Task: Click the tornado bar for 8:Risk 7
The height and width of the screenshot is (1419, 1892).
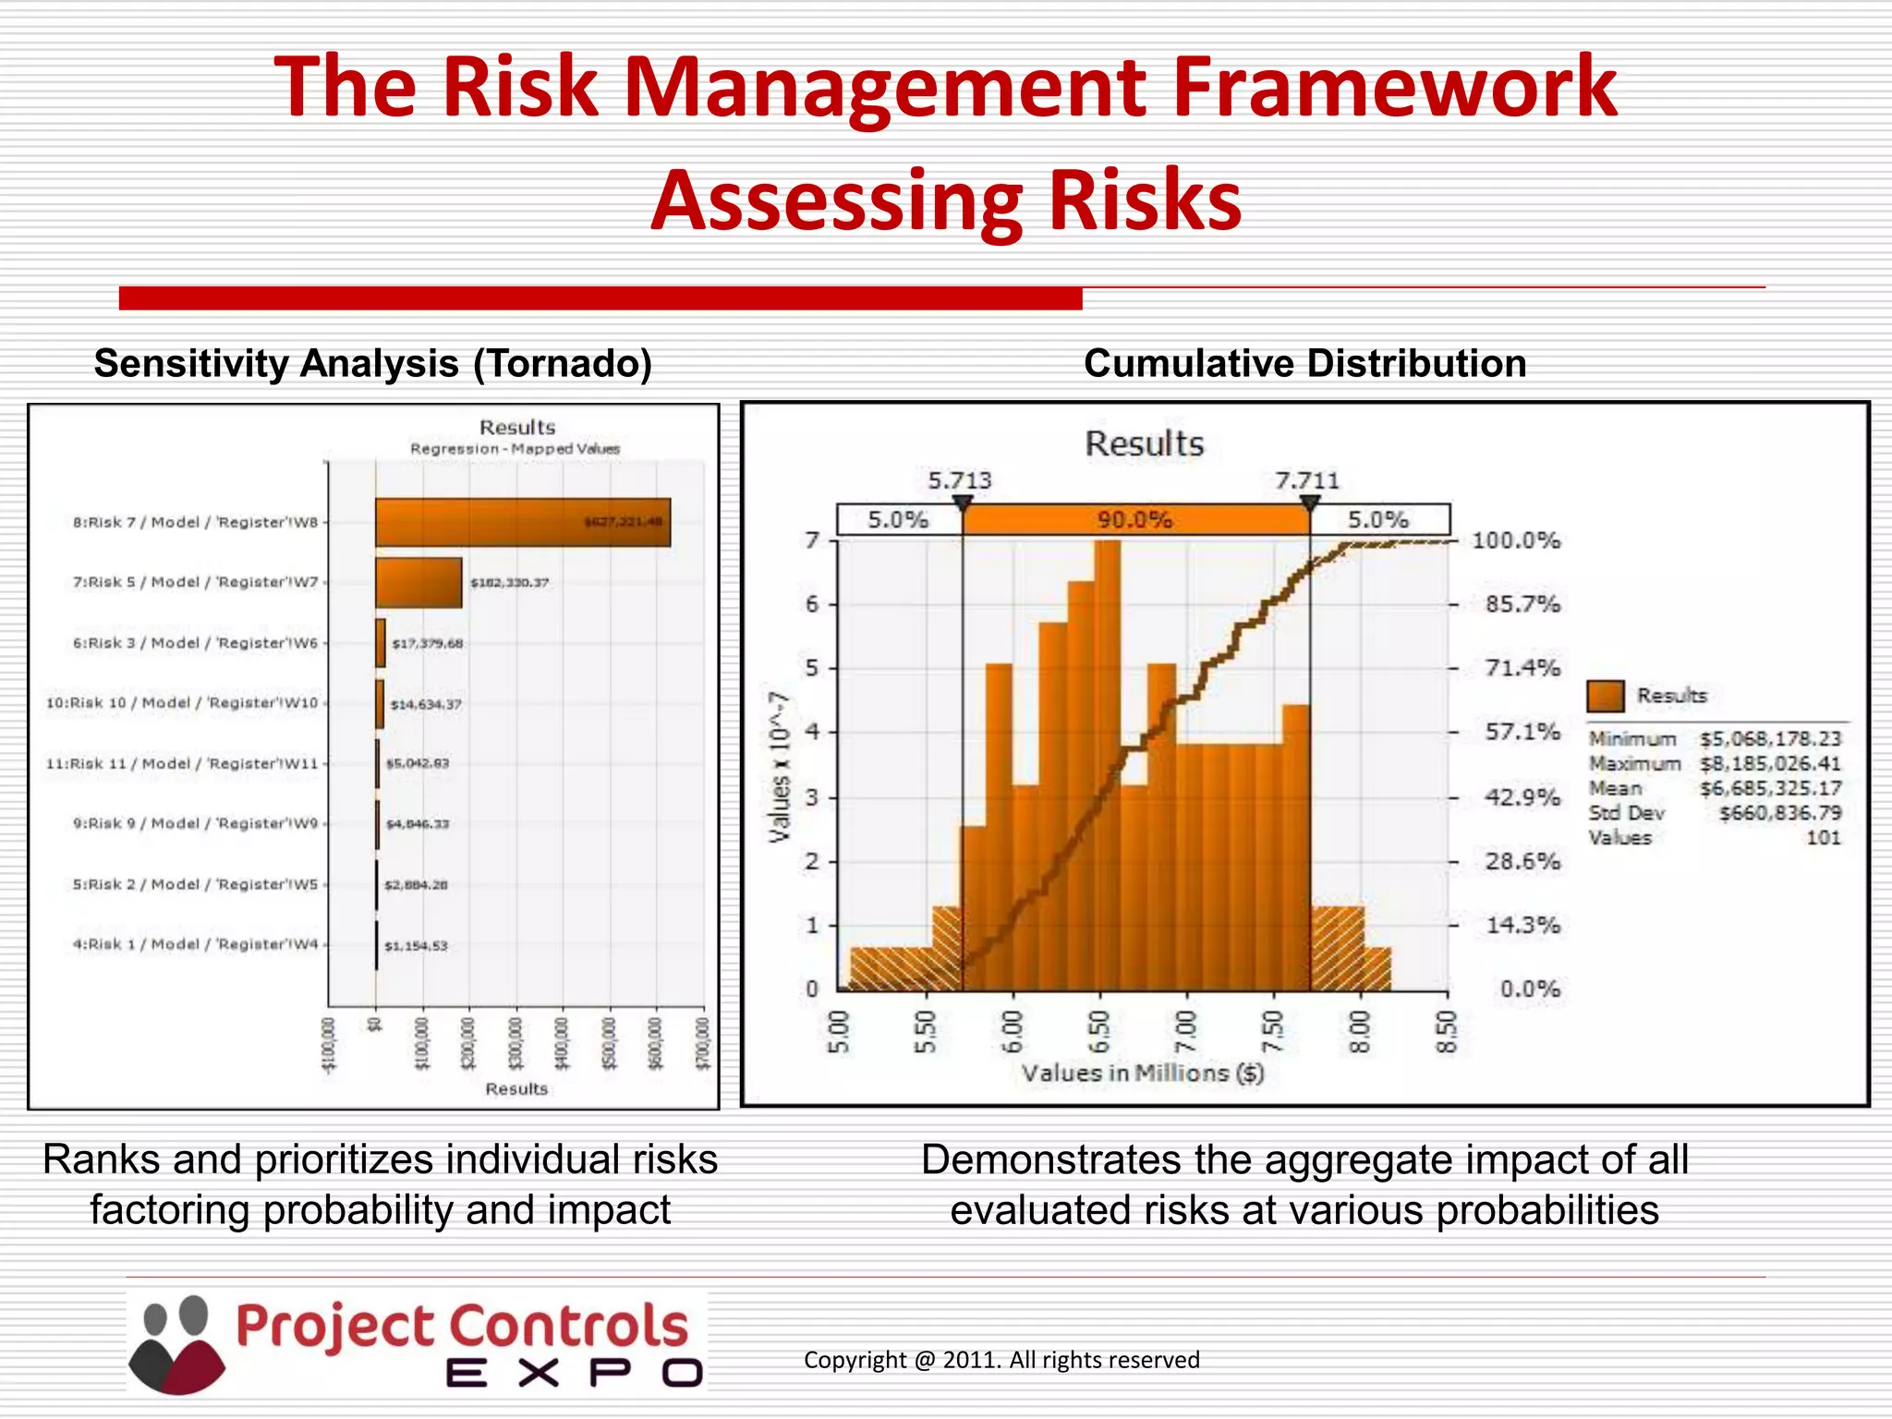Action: [x=522, y=523]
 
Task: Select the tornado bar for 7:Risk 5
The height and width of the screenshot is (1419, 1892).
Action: [x=418, y=583]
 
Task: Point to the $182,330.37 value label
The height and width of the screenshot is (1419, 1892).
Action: [x=509, y=583]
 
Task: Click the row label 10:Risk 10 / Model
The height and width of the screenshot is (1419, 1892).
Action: [x=182, y=703]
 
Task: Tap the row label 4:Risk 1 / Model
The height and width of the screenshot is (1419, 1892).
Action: [x=195, y=944]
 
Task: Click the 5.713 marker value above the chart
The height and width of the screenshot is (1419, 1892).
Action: [x=959, y=480]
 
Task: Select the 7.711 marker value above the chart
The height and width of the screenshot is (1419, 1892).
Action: [x=1306, y=480]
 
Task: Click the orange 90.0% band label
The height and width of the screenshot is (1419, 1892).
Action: [x=1134, y=520]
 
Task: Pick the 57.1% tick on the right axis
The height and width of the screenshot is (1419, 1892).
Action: [x=1522, y=733]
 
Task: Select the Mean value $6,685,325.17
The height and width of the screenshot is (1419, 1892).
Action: [x=1770, y=789]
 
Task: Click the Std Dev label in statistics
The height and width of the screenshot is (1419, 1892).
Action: [x=1626, y=813]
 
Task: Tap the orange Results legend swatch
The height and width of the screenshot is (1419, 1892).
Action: [x=1605, y=696]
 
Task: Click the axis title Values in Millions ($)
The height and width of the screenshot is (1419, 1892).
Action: [x=1142, y=1073]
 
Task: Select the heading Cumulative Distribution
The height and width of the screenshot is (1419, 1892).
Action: [x=1304, y=363]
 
